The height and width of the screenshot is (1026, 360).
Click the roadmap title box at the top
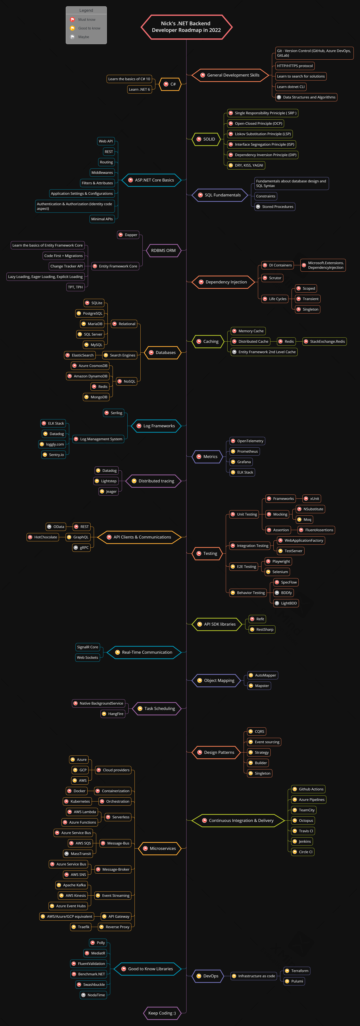(186, 27)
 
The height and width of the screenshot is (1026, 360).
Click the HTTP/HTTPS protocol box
(295, 66)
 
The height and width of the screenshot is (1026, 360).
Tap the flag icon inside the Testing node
(199, 553)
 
